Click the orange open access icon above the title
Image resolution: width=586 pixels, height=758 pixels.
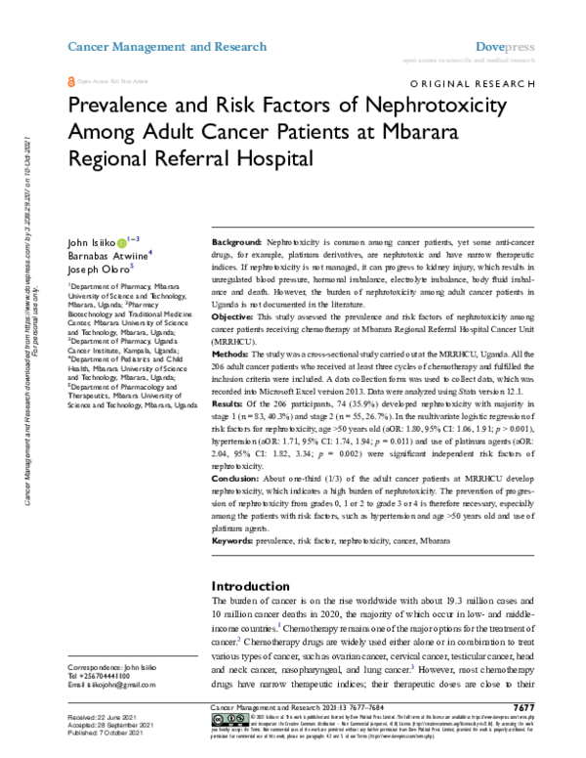click(69, 85)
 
